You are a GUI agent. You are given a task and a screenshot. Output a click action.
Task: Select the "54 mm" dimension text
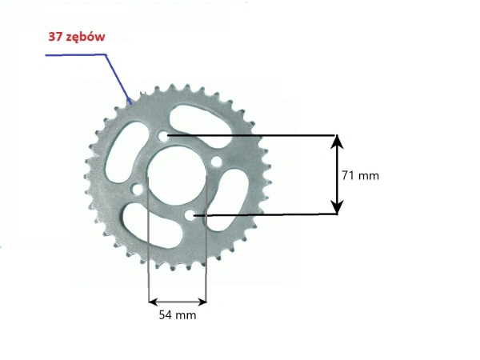[x=177, y=315]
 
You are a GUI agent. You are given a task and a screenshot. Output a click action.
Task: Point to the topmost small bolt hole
[x=164, y=137]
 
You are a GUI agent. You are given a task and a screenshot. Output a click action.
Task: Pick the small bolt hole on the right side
[x=216, y=162]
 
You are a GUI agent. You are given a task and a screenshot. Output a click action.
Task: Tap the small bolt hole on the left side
[x=137, y=190]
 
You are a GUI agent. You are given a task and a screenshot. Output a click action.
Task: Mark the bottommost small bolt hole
[x=190, y=216]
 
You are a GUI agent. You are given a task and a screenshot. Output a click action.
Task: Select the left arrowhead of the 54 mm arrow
[x=153, y=302]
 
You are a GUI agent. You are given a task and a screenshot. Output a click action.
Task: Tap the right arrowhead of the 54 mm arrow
[x=202, y=302]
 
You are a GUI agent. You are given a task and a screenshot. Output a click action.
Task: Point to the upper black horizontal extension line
[x=256, y=134]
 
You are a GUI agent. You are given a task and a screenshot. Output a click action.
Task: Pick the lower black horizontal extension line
[x=272, y=214]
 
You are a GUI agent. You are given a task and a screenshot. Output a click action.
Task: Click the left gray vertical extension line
[x=149, y=240]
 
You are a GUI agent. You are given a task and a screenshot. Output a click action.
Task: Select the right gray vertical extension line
[x=206, y=240]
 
